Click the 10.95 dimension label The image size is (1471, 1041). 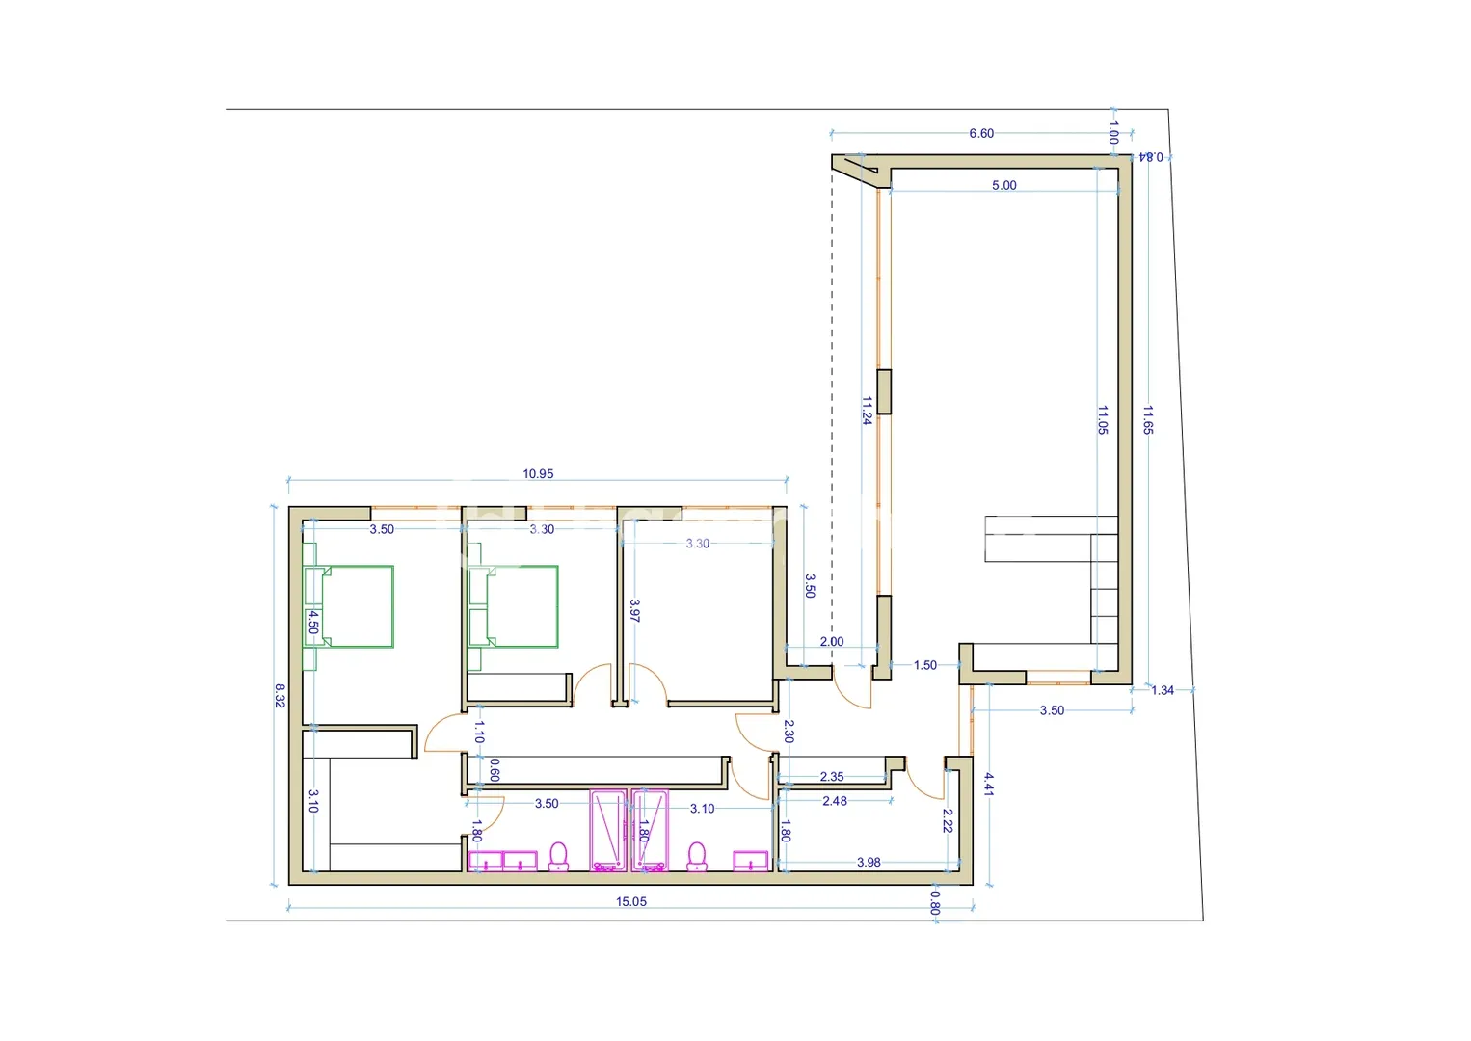538,473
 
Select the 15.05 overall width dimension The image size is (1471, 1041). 631,902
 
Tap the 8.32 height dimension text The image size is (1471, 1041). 280,696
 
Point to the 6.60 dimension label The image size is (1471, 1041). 981,133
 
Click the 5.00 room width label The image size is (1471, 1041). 1004,185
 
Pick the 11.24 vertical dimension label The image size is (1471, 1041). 867,411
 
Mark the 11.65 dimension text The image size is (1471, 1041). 1148,419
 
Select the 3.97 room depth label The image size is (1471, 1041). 634,610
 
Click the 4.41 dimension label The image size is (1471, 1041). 988,785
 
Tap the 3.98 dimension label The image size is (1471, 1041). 869,863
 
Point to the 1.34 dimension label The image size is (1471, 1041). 1163,690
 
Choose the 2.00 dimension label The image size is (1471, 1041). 831,642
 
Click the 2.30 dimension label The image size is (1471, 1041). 789,732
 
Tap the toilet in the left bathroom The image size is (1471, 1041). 558,857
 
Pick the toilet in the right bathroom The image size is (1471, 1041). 697,857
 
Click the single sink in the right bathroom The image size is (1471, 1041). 751,861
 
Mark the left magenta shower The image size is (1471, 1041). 607,831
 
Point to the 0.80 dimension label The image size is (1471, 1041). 935,902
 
